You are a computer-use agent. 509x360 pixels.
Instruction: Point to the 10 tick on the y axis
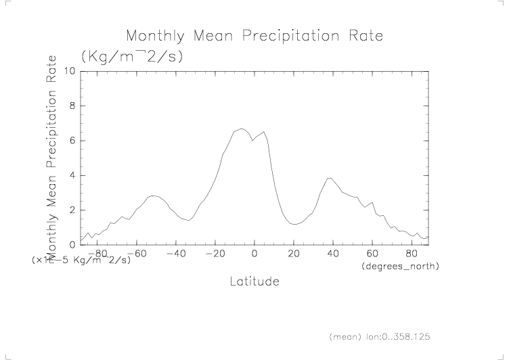coord(70,71)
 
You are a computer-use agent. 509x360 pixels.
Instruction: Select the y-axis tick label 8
coord(72,106)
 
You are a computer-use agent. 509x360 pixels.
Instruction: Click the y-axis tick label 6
coord(72,141)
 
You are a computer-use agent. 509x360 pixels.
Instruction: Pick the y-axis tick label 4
coord(72,175)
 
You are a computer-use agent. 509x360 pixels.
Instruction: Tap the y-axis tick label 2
coord(72,210)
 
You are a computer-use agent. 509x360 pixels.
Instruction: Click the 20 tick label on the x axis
coord(294,253)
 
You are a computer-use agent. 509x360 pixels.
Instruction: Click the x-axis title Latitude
coord(254,281)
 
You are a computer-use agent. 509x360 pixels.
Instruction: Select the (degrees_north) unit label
coord(400,266)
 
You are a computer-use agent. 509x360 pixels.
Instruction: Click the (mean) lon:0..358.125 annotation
coord(379,336)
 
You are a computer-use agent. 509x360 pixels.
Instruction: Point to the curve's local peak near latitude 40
coord(330,178)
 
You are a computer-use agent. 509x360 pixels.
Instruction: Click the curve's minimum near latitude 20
coord(294,224)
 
